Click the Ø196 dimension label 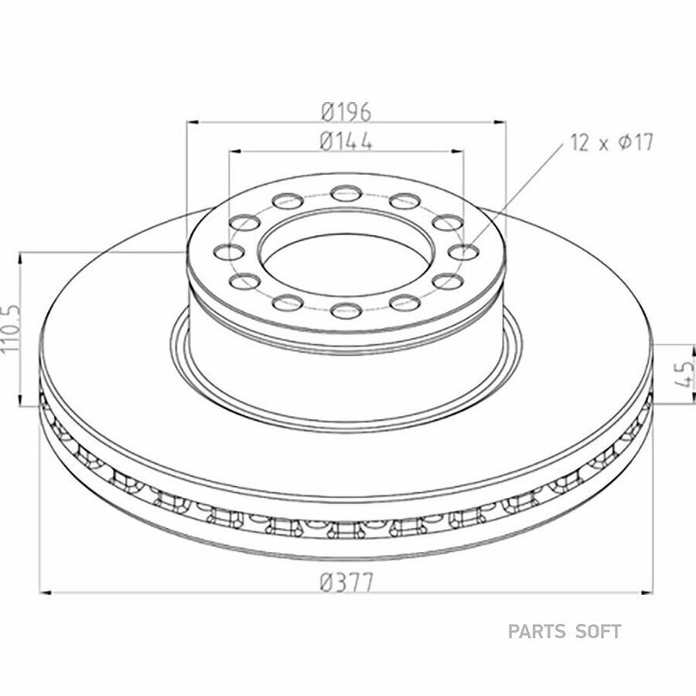pos(346,111)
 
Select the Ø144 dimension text pos(346,142)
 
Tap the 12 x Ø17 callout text pos(612,143)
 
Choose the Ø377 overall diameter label pos(346,583)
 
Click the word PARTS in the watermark pos(537,631)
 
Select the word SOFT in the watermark pos(598,631)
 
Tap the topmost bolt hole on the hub pos(346,193)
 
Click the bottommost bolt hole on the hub pos(346,309)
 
